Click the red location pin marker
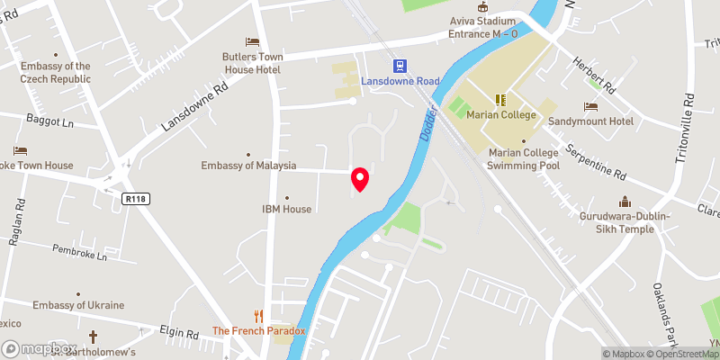[x=360, y=179]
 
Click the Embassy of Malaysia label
[x=249, y=166]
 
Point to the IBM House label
[x=286, y=209]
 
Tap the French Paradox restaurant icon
[x=259, y=316]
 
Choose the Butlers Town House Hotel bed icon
[x=253, y=42]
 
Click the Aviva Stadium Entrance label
[x=483, y=27]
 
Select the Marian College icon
[x=499, y=99]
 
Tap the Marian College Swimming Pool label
[x=523, y=158]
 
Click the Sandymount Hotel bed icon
[x=590, y=106]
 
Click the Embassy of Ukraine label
[x=78, y=305]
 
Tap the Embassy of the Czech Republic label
[x=56, y=72]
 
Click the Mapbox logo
[x=39, y=348]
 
